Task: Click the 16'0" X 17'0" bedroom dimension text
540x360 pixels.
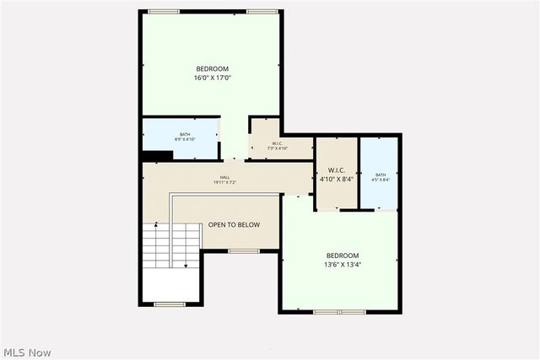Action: pyautogui.click(x=212, y=78)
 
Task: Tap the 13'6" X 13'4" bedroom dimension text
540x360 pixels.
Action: pyautogui.click(x=343, y=265)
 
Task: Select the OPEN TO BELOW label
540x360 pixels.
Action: pyautogui.click(x=234, y=225)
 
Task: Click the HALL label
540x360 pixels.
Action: pyautogui.click(x=224, y=177)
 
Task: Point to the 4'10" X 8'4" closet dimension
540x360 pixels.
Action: pyautogui.click(x=337, y=179)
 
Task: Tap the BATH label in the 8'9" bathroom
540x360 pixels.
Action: pyautogui.click(x=184, y=134)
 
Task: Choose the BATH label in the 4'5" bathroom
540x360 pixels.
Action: pyautogui.click(x=381, y=175)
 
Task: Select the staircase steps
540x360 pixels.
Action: pyautogui.click(x=157, y=245)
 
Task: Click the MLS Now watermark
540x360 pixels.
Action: pyautogui.click(x=28, y=352)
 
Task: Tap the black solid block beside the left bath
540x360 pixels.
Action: pyautogui.click(x=157, y=155)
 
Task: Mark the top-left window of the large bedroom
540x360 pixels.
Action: pyautogui.click(x=163, y=11)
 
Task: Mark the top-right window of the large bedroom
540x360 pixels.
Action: pyautogui.click(x=262, y=11)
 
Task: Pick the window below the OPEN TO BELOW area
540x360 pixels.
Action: pyautogui.click(x=243, y=250)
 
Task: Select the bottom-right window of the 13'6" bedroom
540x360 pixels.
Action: pyautogui.click(x=378, y=312)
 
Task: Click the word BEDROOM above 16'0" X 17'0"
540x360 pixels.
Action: pyautogui.click(x=212, y=69)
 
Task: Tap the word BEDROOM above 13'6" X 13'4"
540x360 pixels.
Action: pyautogui.click(x=343, y=255)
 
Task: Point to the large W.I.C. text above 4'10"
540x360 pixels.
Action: pyautogui.click(x=337, y=169)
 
